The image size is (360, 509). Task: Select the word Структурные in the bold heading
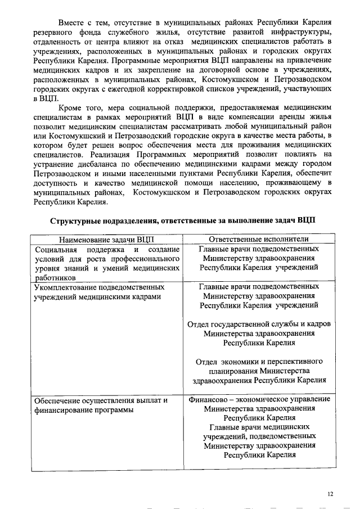coord(78,220)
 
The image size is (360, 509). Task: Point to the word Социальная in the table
coord(55,249)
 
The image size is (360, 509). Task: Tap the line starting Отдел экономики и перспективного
coord(259,361)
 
